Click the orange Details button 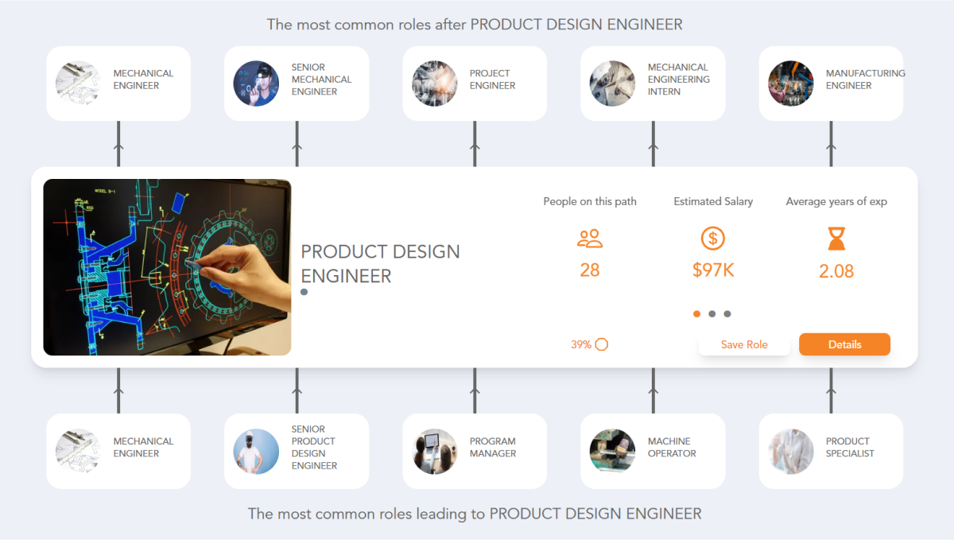pyautogui.click(x=844, y=344)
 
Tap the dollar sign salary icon pyautogui.click(x=713, y=238)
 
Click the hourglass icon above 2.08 pyautogui.click(x=836, y=238)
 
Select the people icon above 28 pyautogui.click(x=590, y=238)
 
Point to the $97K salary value pyautogui.click(x=713, y=270)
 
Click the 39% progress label pyautogui.click(x=581, y=344)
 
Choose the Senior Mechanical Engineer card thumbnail pyautogui.click(x=256, y=84)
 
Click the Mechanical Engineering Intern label pyautogui.click(x=679, y=80)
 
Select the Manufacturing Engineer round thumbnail pyautogui.click(x=790, y=84)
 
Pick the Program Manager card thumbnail pyautogui.click(x=434, y=451)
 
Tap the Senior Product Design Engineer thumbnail pyautogui.click(x=256, y=451)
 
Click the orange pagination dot pyautogui.click(x=697, y=314)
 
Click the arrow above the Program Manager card pyautogui.click(x=475, y=390)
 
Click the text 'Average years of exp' pyautogui.click(x=836, y=201)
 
